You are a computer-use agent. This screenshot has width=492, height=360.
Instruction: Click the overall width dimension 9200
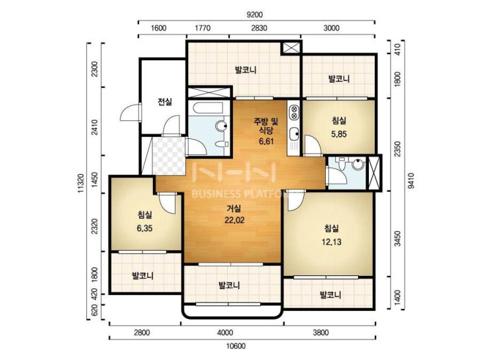pyautogui.click(x=255, y=15)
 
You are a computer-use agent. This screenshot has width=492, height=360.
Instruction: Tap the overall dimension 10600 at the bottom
pyautogui.click(x=236, y=346)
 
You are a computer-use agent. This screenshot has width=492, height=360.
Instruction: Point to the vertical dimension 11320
pyautogui.click(x=81, y=183)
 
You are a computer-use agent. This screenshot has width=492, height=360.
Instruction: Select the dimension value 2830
pyautogui.click(x=259, y=28)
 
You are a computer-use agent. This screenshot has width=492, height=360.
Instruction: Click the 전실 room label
pyautogui.click(x=165, y=102)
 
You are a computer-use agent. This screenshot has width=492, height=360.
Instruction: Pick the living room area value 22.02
pyautogui.click(x=234, y=220)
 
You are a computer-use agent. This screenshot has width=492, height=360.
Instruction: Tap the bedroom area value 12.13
pyautogui.click(x=331, y=242)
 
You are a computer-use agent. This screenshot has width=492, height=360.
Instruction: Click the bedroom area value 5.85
pyautogui.click(x=339, y=134)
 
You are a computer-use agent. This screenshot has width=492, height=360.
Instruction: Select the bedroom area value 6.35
pyautogui.click(x=144, y=228)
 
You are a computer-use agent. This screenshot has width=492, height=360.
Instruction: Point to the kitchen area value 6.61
pyautogui.click(x=266, y=142)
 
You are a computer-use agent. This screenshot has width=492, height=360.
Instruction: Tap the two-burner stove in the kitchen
pyautogui.click(x=294, y=112)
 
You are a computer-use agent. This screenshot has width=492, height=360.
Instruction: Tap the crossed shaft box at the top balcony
pyautogui.click(x=291, y=48)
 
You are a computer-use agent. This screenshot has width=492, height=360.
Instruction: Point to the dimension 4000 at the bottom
pyautogui.click(x=225, y=332)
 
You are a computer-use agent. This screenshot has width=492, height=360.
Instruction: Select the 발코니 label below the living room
pyautogui.click(x=229, y=285)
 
